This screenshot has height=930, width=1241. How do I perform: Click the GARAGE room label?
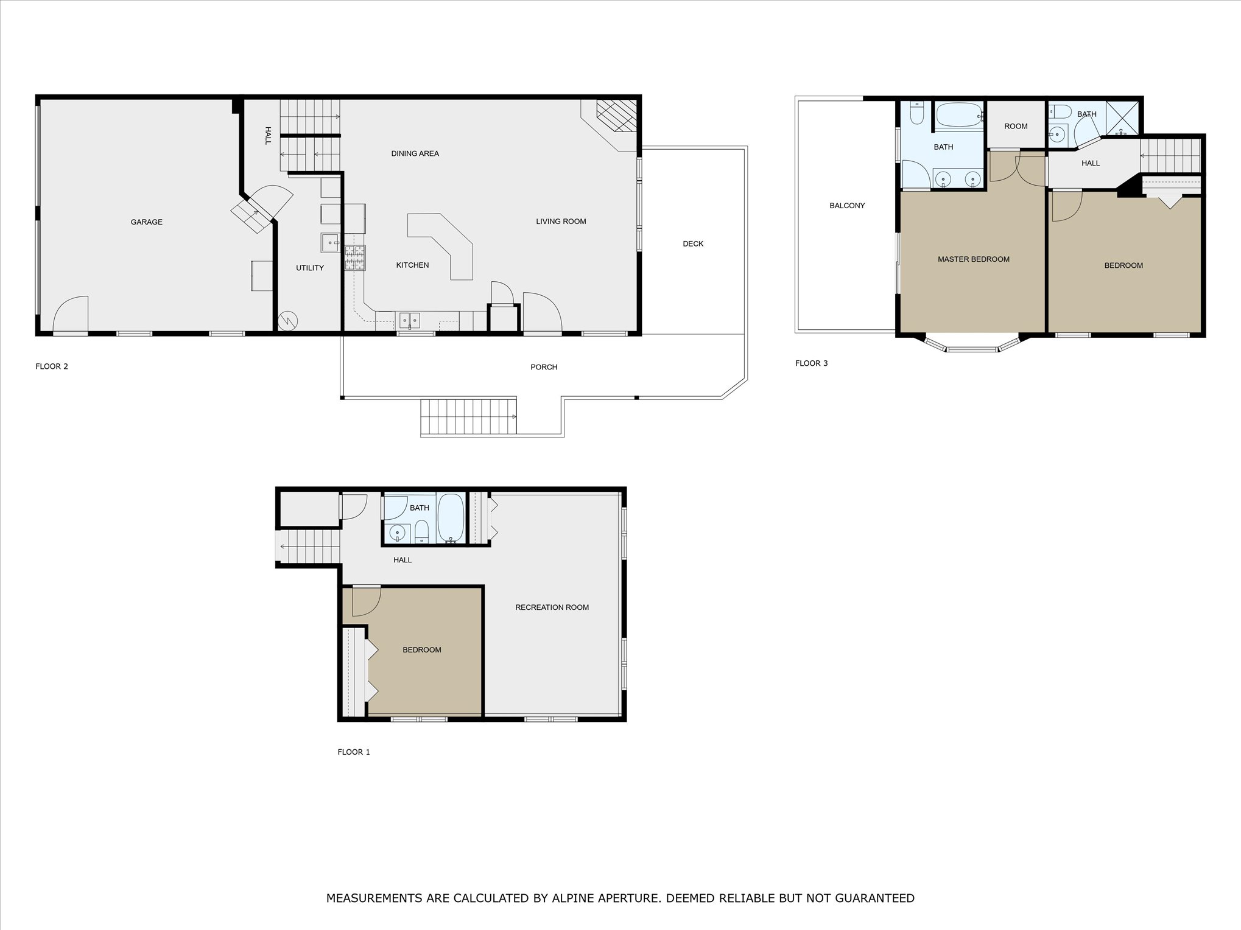146,222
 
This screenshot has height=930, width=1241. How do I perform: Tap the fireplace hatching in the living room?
616,116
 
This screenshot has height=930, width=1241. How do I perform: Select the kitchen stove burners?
355,258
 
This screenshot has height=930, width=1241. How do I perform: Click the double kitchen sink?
409,320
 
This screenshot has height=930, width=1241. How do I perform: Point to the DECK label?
692,244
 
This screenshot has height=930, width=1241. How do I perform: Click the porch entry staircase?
468,417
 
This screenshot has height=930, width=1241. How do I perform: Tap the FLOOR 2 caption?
52,366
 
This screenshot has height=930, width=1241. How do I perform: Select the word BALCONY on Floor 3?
846,206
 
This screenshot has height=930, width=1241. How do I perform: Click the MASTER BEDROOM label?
973,259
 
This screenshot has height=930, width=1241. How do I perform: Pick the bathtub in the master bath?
958,115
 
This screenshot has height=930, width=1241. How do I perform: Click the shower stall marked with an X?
1123,118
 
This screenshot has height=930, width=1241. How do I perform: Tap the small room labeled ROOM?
1015,127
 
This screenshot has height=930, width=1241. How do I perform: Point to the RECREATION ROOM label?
552,607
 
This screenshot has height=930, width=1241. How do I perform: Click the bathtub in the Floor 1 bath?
451,519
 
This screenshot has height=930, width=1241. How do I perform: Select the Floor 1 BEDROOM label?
421,650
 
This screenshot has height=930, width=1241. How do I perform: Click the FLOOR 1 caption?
354,752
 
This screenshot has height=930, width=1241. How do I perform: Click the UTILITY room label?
309,268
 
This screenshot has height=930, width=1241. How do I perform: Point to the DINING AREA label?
415,154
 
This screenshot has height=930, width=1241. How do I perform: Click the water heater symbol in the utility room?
287,320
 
